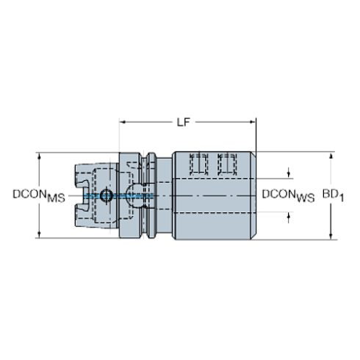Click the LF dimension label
[184, 123]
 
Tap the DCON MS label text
[39, 196]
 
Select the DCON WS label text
[288, 196]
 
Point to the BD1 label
[333, 195]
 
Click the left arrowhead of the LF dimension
[123, 122]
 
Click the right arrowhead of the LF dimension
[253, 122]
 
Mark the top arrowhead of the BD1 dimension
[331, 156]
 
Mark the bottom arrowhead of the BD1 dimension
[331, 236]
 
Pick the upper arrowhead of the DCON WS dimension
[289, 175]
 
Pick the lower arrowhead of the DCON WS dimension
[289, 216]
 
